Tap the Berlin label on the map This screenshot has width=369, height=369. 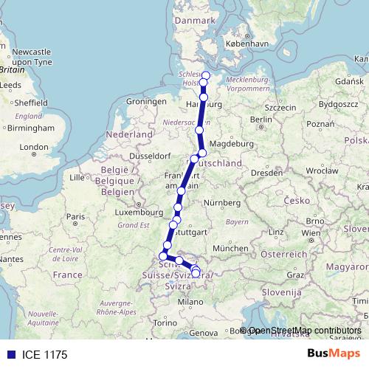tap(261, 119)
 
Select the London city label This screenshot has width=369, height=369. tap(34, 148)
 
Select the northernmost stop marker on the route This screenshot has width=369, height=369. tap(206, 76)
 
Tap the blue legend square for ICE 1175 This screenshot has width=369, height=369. tap(9, 355)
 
